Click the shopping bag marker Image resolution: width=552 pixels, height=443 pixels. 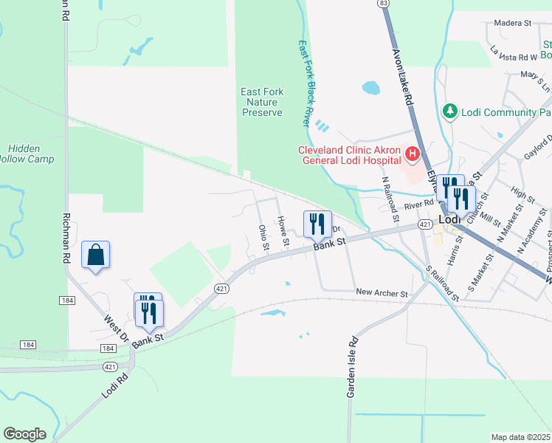coord(96,255)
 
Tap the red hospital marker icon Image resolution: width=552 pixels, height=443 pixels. coord(412,155)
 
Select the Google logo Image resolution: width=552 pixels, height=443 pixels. coord(24,434)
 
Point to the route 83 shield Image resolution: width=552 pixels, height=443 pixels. coord(382,4)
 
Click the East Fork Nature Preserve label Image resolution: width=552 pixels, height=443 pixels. coord(262,102)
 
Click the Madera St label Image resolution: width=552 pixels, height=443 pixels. coord(513,24)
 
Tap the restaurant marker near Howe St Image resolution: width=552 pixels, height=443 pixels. coord(317,222)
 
